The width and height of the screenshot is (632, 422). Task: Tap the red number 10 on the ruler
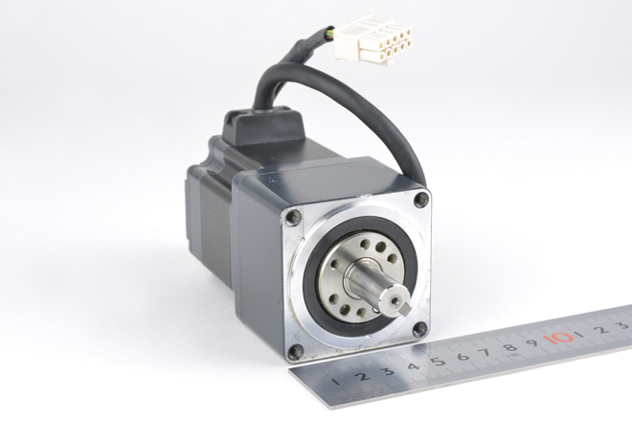point(558,338)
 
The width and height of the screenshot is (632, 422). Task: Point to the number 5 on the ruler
point(439,361)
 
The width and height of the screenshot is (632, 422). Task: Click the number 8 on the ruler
point(509,347)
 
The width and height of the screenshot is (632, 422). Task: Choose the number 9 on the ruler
point(532,342)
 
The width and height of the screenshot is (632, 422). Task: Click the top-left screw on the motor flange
point(292,218)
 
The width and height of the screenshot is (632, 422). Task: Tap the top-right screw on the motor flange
point(421,199)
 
